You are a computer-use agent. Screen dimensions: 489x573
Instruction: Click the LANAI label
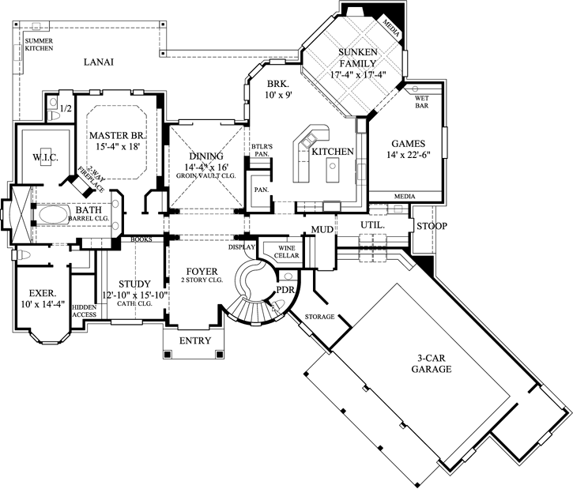tap(100, 62)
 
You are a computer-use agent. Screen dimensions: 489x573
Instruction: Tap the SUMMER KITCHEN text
tap(39, 44)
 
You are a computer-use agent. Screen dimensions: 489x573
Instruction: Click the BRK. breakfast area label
tap(276, 84)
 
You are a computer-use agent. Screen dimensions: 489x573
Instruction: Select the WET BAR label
tap(421, 103)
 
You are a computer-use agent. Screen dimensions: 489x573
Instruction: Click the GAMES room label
tap(408, 144)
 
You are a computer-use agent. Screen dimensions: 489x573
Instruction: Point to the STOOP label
tap(432, 227)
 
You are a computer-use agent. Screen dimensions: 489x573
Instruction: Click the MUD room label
tap(321, 229)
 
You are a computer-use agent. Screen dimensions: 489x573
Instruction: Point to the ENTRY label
tap(195, 341)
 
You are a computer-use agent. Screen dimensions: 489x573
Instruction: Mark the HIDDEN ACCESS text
tap(84, 310)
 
